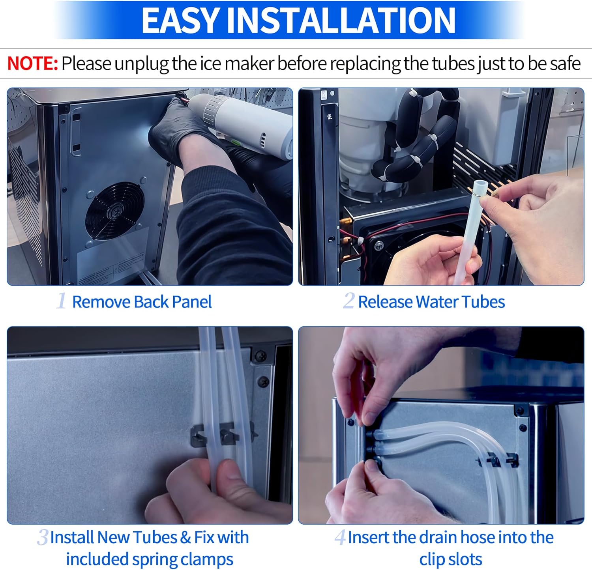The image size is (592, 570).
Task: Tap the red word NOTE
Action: coord(32,64)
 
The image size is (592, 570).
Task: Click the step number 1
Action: coord(61,301)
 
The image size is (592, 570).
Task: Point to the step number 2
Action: coord(348,301)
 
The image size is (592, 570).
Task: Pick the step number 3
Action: coord(43,537)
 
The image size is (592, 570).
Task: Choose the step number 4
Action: coord(340,537)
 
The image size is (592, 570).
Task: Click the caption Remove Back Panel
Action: coord(142,302)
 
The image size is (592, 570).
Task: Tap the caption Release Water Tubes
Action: coord(431,302)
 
